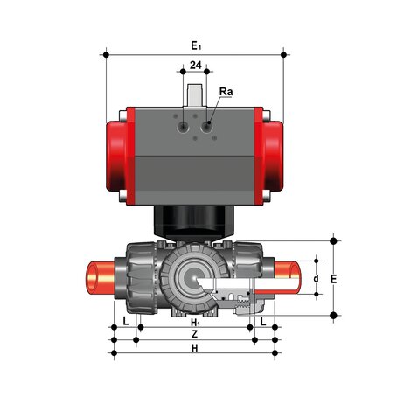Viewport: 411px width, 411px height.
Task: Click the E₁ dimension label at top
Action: [x=196, y=45]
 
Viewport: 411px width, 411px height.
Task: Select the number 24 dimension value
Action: [x=196, y=65]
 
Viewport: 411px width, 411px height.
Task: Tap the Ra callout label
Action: [x=226, y=92]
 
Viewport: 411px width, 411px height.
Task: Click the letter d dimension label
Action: [x=316, y=279]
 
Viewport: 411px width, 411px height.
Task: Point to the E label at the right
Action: [x=334, y=279]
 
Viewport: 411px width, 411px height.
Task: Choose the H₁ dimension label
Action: [x=195, y=323]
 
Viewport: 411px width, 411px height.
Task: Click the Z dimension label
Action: [x=195, y=334]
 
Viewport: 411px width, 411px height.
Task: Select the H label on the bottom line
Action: [x=195, y=348]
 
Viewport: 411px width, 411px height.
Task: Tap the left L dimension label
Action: [x=126, y=322]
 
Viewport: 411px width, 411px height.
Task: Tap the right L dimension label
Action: [x=263, y=322]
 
